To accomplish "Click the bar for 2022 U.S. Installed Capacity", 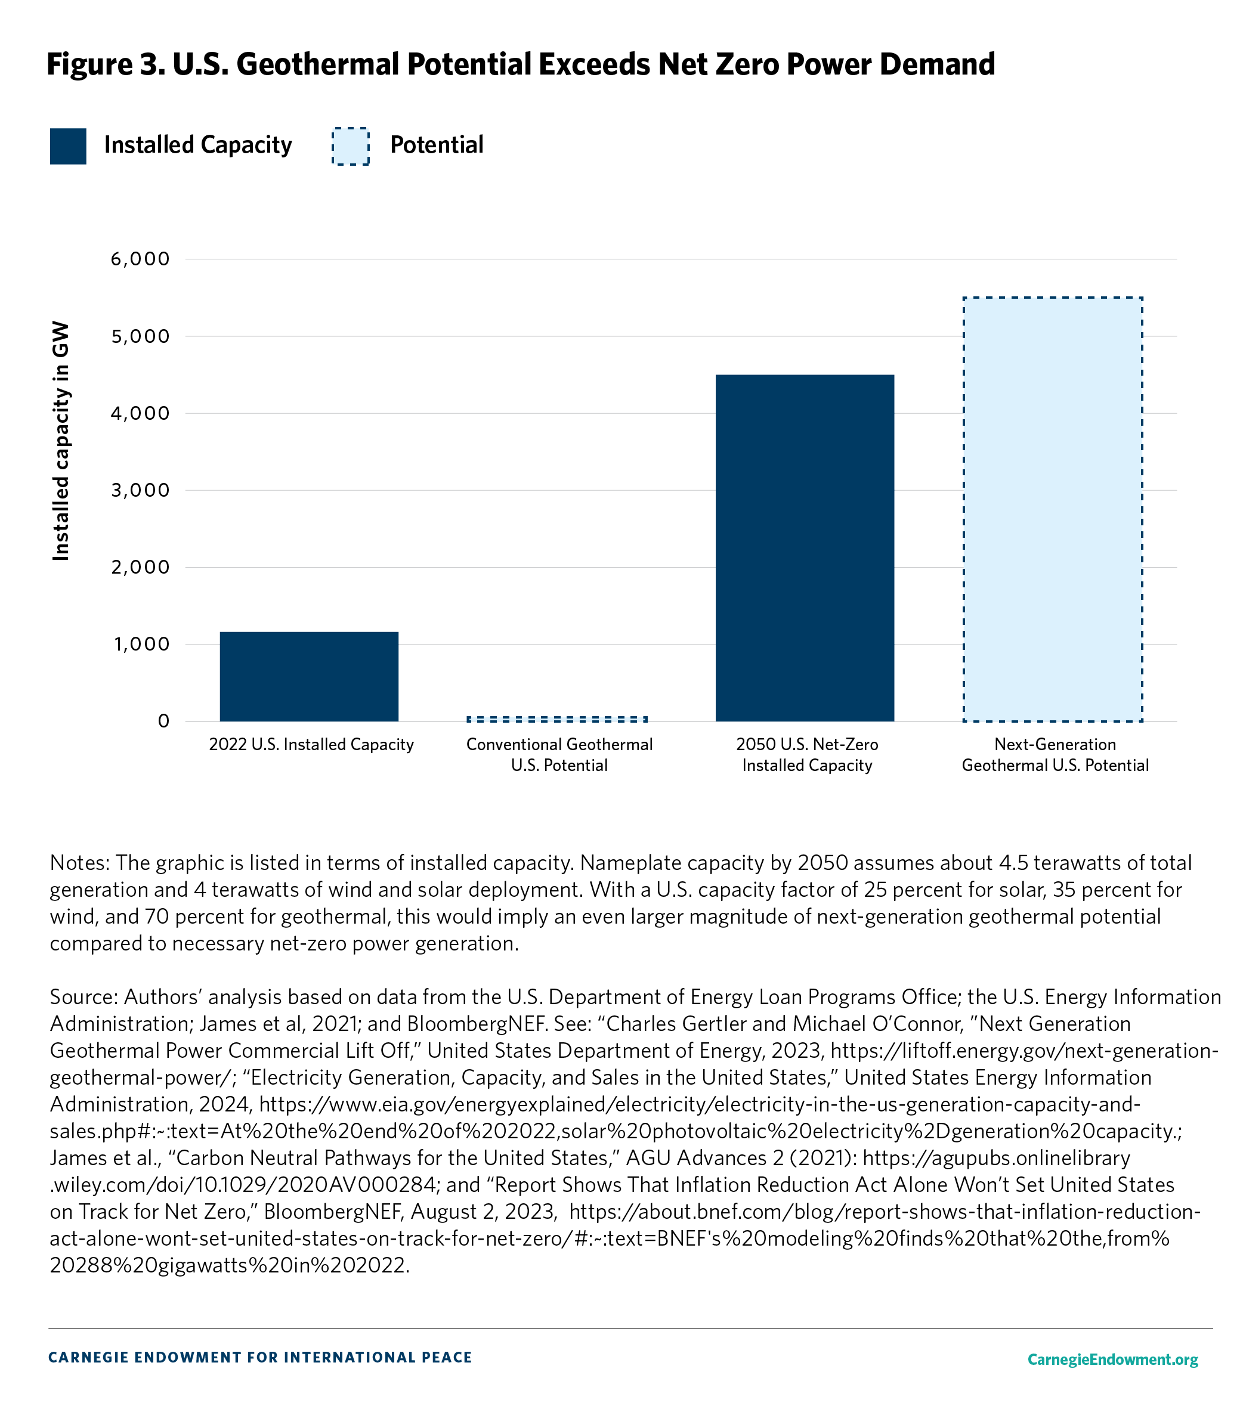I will (x=309, y=676).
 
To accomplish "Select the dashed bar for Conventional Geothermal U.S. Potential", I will (x=557, y=719).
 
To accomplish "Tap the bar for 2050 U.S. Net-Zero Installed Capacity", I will (x=805, y=548).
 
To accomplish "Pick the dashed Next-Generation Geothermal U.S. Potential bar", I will (x=1053, y=509).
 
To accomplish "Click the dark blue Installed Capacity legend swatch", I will (x=68, y=146).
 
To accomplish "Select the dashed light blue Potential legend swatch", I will (x=350, y=146).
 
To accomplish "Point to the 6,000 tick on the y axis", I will (x=140, y=259).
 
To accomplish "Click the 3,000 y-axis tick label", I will (x=140, y=490).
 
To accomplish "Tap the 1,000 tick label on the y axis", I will (x=141, y=644).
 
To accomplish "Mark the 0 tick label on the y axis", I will (x=163, y=721).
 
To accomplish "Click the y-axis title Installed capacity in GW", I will (x=61, y=441).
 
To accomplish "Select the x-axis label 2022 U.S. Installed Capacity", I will (x=311, y=745).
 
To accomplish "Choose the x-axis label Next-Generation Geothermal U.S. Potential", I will (x=1055, y=755).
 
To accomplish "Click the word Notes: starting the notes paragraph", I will (x=79, y=862).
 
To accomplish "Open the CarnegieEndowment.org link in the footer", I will (x=1112, y=1360).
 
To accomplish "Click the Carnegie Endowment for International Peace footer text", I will (x=260, y=1357).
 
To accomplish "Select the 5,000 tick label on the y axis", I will (x=140, y=336).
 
